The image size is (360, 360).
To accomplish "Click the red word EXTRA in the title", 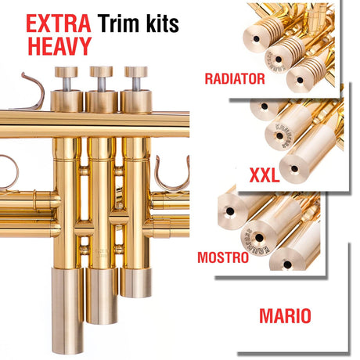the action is point(59,23).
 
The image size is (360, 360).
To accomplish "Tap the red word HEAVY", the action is point(59,46).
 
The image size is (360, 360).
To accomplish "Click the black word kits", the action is point(163,23).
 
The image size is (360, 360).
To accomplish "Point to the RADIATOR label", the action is point(235,78).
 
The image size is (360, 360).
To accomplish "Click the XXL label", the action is point(265,175).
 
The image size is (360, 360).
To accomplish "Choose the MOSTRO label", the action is point(223,257).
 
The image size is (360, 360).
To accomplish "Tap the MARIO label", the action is point(285,316).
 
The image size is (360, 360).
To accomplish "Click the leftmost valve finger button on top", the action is point(66,72).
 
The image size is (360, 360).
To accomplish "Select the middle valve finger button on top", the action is point(101,71).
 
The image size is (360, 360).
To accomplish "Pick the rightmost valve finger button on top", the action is point(136,72).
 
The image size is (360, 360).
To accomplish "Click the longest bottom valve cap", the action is point(67,311).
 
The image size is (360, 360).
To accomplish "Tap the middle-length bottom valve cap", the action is point(102,296).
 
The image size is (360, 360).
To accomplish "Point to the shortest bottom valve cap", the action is point(136,283).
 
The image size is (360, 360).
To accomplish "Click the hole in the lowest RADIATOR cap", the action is point(300,80).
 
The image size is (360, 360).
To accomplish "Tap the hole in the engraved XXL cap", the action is point(279,136).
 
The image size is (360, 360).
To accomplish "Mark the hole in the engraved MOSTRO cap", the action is point(259,238).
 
